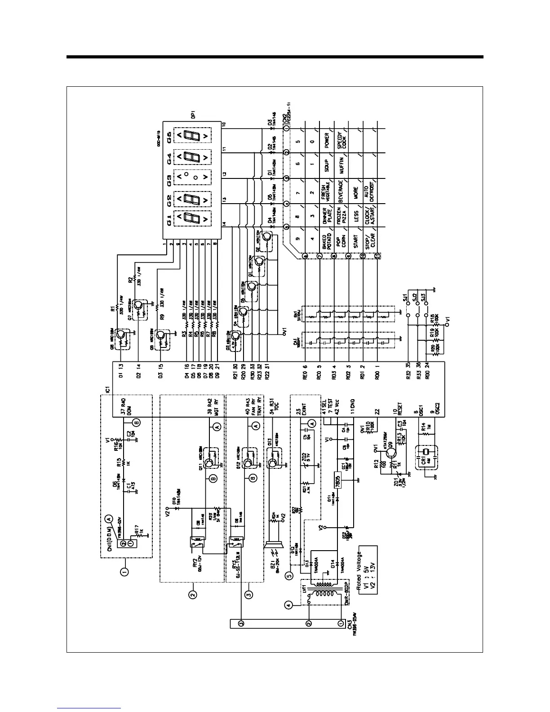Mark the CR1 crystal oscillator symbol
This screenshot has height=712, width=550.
tap(425, 452)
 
